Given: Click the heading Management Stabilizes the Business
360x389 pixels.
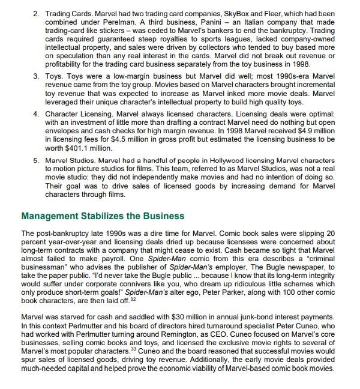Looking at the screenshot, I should [103, 216].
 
